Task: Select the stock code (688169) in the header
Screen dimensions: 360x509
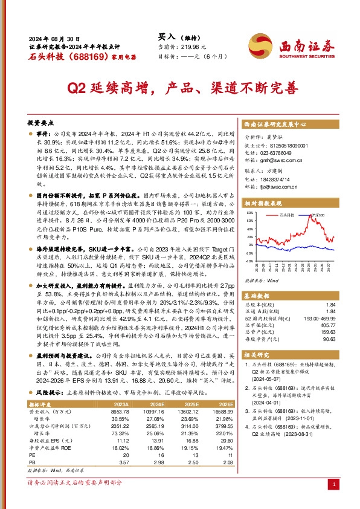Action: (x=77, y=56)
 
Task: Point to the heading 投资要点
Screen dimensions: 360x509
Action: (x=40, y=121)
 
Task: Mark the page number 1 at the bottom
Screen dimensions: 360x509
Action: (x=334, y=485)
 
